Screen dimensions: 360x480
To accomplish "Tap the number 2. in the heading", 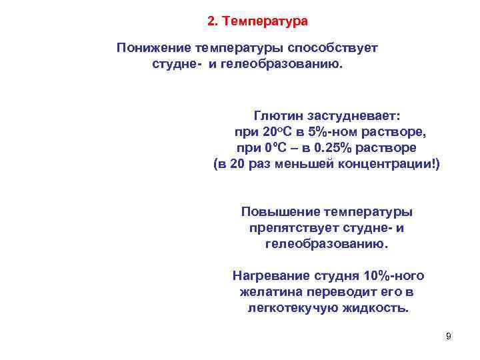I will (213, 21).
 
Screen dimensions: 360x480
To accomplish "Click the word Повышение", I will (280, 212).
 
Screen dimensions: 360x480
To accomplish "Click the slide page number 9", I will (448, 336).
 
